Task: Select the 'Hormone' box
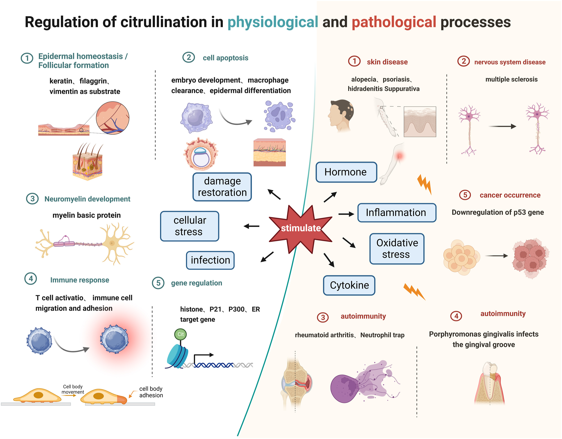(x=346, y=172)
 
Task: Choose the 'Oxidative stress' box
(x=397, y=249)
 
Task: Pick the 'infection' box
(x=210, y=260)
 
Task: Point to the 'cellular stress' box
(x=190, y=226)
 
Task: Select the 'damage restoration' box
(x=222, y=187)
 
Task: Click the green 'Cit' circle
(x=180, y=334)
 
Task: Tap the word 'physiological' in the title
(x=273, y=22)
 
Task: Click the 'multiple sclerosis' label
(x=511, y=79)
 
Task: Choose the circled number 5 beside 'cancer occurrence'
(x=465, y=195)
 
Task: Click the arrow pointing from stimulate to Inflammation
(x=346, y=214)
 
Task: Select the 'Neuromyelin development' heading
(x=87, y=199)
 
